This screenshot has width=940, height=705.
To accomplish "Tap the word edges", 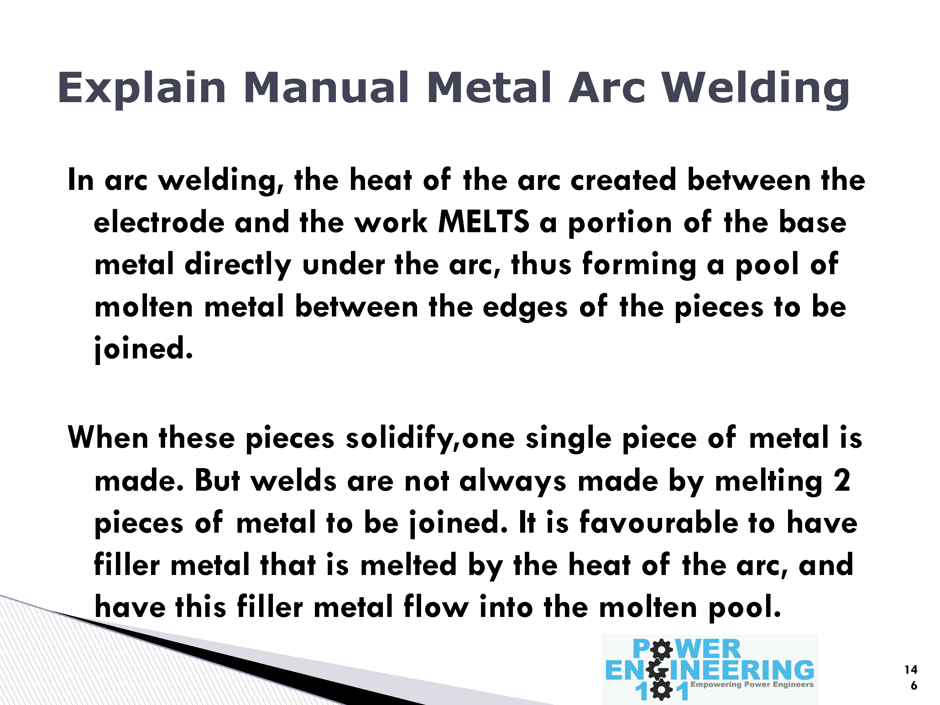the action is tap(525, 307).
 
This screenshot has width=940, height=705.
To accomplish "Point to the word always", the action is tap(513, 482).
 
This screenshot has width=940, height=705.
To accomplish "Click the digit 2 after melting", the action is tap(842, 480).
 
